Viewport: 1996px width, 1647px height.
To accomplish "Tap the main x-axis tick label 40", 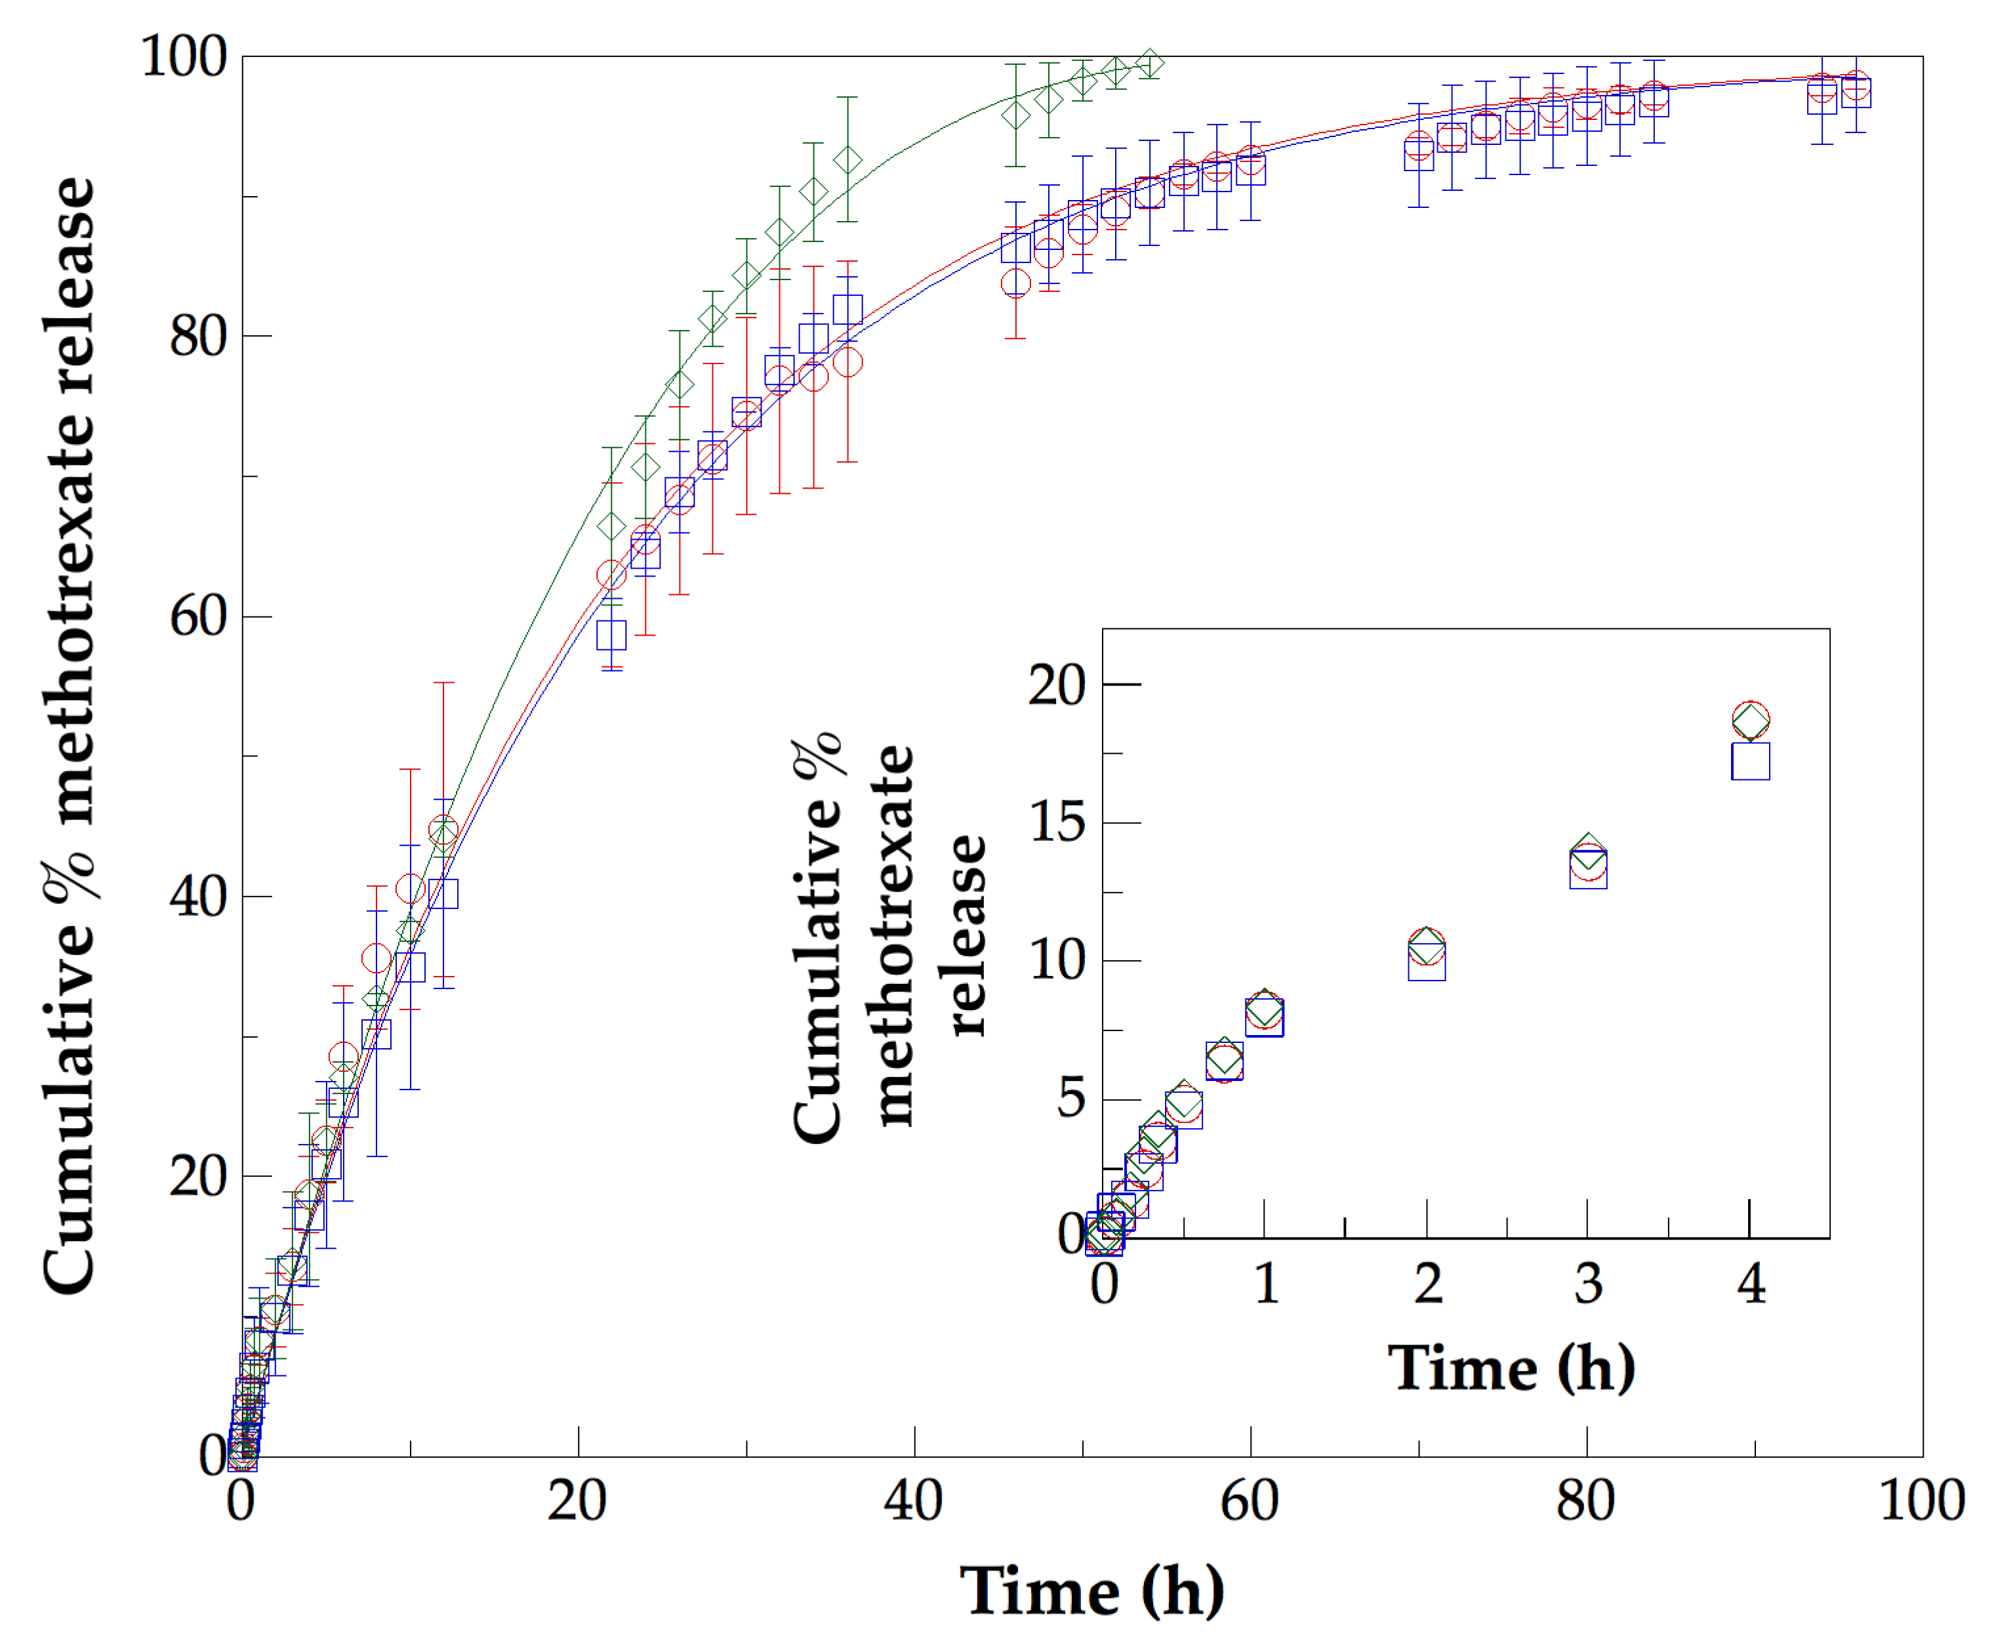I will click(912, 1501).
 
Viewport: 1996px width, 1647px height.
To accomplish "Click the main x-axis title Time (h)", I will click(1091, 1591).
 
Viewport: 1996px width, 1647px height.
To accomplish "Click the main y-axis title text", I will click(68, 735).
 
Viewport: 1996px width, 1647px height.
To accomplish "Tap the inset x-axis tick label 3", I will click(1588, 1284).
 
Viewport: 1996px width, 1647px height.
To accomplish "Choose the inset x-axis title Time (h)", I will click(1511, 1368).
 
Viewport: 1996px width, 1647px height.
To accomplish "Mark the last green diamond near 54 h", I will click(1150, 64).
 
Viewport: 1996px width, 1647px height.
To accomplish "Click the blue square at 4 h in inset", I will click(1750, 761).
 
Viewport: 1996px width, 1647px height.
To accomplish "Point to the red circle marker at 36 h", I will click(847, 361).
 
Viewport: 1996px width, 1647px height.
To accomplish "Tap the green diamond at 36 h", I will click(847, 160).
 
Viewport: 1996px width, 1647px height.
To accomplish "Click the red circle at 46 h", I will click(1015, 283).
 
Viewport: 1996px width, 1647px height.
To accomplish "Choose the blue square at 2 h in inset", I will click(1427, 964).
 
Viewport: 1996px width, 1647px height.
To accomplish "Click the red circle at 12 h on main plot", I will click(443, 830).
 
